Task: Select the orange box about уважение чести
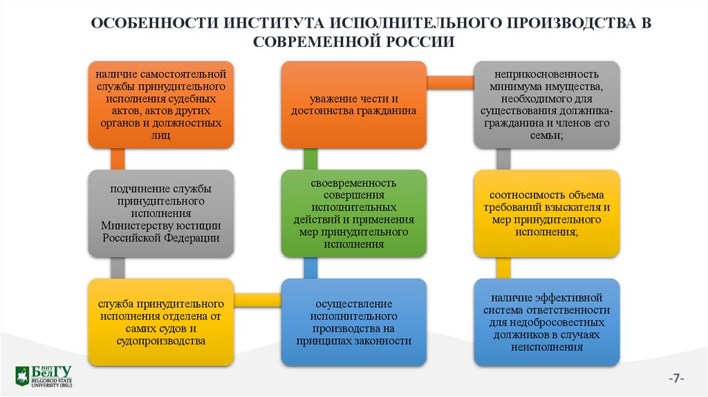point(353,104)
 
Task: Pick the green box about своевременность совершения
point(353,214)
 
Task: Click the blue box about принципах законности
point(353,322)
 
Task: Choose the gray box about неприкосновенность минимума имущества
point(547,104)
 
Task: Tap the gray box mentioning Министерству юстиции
point(161,214)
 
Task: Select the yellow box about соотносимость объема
point(547,214)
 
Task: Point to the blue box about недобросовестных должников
point(547,322)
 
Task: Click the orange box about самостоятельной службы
point(161,104)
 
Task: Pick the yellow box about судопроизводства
point(161,322)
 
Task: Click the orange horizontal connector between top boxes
point(449,82)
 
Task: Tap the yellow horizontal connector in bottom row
point(257,299)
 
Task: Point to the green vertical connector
point(310,160)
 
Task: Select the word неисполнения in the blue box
point(547,347)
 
